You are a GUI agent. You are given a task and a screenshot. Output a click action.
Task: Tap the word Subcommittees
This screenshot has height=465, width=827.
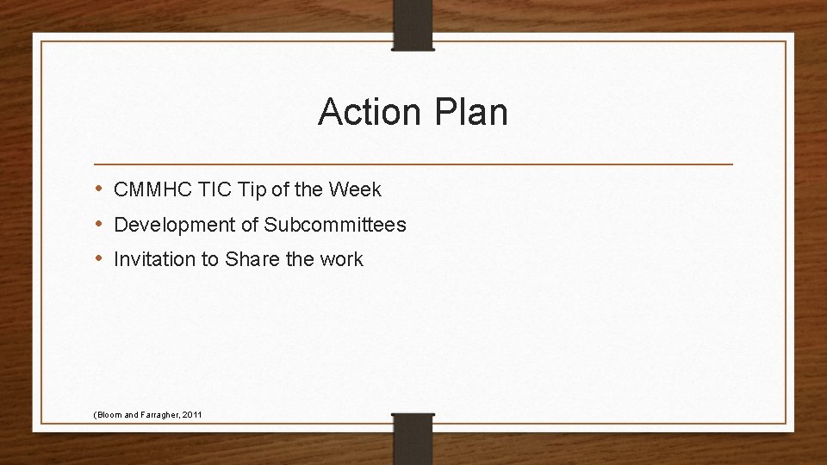[x=335, y=225]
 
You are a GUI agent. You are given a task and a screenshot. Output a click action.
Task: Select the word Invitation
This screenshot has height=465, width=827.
[x=155, y=259]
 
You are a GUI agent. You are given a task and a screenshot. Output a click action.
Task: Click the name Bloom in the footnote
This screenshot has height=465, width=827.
[x=109, y=415]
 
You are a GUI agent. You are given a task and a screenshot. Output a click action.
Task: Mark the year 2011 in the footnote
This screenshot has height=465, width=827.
[x=192, y=415]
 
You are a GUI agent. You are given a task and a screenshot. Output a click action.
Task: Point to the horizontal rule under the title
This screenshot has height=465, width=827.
[x=413, y=164]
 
